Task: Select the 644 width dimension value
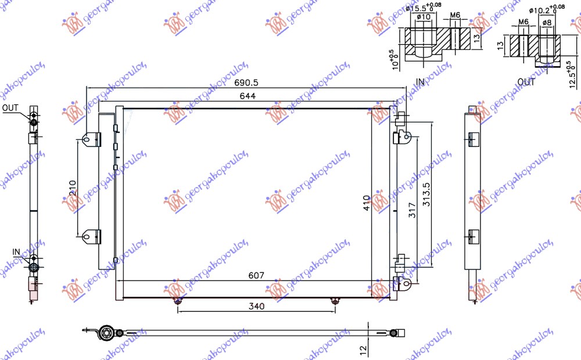click(246, 96)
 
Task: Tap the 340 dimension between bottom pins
click(256, 307)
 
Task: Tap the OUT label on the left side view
click(10, 108)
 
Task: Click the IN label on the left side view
click(16, 251)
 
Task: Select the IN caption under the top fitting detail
click(420, 82)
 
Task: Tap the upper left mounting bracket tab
click(89, 139)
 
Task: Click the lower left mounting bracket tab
click(89, 236)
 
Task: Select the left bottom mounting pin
click(178, 301)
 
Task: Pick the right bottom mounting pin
click(334, 301)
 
